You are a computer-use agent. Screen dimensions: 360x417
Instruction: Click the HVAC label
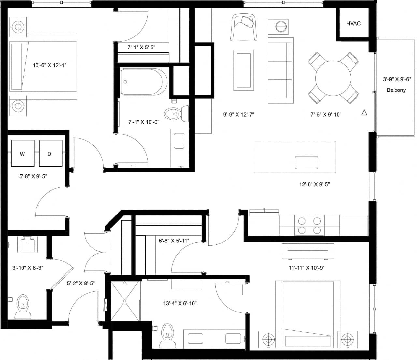tap(353, 23)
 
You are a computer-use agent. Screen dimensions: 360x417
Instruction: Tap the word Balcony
tap(396, 90)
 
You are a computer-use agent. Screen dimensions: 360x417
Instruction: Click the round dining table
tap(334, 78)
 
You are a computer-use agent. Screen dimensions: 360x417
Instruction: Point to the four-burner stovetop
tap(309, 226)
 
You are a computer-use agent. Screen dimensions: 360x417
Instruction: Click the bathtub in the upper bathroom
tap(144, 82)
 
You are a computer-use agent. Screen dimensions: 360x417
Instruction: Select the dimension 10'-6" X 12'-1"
tap(50, 65)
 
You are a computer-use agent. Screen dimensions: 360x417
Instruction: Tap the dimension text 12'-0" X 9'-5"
tap(314, 184)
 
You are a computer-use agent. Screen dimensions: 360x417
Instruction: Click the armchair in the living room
tap(244, 27)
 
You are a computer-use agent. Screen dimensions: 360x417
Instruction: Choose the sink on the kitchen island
tap(306, 162)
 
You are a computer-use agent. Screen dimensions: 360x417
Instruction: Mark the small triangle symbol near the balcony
tap(364, 113)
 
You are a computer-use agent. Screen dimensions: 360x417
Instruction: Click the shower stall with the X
tap(125, 301)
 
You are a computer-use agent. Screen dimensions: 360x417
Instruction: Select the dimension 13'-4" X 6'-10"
tap(180, 303)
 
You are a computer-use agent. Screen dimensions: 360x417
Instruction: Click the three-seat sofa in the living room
tap(280, 70)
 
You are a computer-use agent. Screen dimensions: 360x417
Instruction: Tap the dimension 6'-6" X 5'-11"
tap(174, 241)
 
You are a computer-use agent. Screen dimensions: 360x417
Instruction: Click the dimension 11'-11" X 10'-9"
tap(307, 268)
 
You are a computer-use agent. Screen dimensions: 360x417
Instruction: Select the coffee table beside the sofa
tap(243, 70)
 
